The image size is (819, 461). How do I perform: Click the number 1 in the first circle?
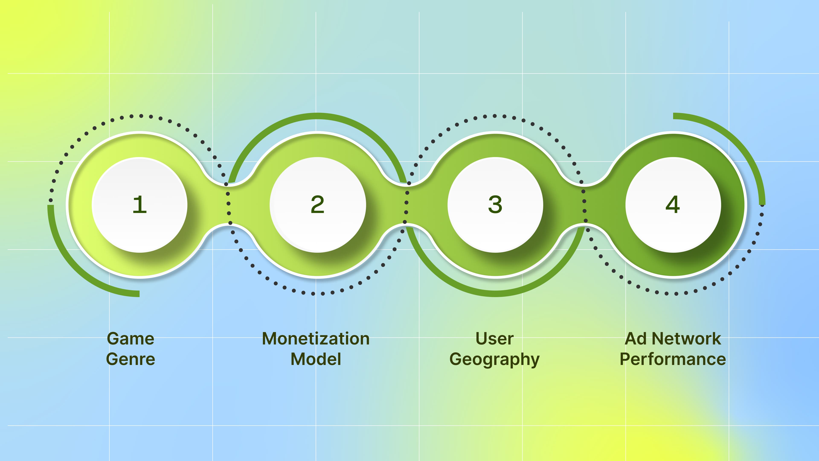point(139,205)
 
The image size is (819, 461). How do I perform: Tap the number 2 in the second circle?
point(317,205)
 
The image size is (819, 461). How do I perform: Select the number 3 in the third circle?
point(495,205)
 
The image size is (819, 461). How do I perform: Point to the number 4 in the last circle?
point(673,205)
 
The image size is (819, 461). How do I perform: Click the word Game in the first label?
point(130,338)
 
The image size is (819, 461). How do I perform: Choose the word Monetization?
point(316,338)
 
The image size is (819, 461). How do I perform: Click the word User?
point(494,338)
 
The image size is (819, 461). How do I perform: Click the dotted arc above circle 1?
point(141,116)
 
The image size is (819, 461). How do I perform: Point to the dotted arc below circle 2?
point(313,293)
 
